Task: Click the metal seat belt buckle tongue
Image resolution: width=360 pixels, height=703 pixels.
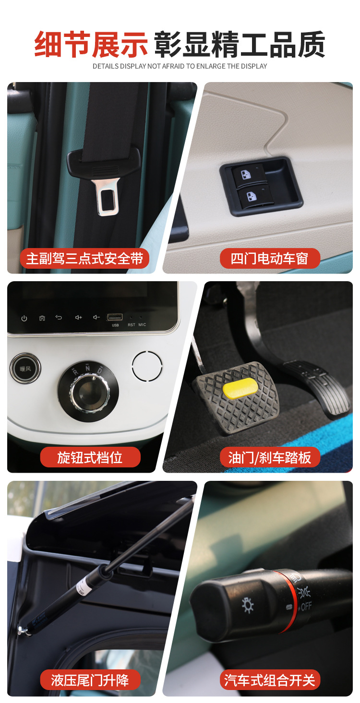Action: click(107, 197)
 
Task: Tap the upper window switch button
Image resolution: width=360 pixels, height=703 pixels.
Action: click(249, 176)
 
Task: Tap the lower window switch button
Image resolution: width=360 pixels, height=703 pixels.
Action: click(252, 196)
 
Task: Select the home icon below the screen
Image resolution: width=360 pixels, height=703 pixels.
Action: click(42, 318)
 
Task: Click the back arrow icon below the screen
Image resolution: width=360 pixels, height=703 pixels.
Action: click(59, 317)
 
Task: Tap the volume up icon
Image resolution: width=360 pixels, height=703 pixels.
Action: click(78, 317)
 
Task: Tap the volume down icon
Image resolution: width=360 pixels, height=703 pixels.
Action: click(96, 317)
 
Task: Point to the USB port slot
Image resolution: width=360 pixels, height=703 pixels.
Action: click(115, 317)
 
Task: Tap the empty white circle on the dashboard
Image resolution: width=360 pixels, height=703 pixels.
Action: click(147, 366)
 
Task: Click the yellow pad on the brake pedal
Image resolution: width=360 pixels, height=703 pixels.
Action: click(240, 388)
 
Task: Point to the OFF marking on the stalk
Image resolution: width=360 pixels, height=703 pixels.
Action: click(306, 606)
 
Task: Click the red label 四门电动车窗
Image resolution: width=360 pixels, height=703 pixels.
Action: click(270, 259)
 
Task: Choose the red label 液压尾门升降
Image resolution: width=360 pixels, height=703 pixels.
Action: click(90, 680)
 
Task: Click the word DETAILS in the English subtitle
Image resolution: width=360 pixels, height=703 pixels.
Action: click(106, 66)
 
